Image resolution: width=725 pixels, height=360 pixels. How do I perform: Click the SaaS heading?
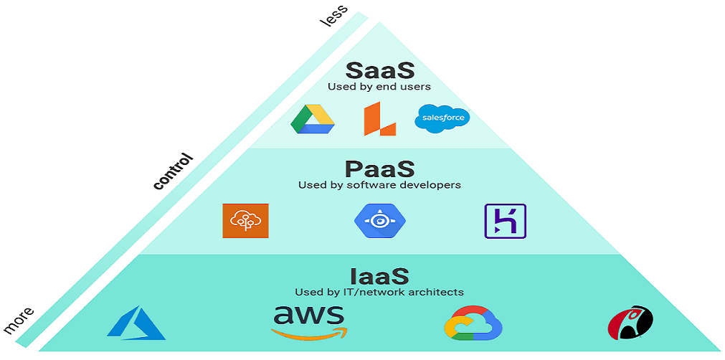coord(379,70)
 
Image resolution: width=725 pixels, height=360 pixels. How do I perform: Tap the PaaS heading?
coord(379,169)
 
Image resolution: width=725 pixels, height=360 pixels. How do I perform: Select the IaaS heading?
coord(379,276)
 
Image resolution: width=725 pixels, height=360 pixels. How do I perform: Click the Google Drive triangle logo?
coord(313,119)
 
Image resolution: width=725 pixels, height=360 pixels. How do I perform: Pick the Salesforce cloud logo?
coord(442,118)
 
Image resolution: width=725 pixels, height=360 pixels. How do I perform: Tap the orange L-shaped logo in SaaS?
coord(379,119)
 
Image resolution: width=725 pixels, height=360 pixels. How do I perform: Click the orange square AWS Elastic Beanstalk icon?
coord(245,221)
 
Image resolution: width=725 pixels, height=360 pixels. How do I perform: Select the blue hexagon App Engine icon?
coord(379,221)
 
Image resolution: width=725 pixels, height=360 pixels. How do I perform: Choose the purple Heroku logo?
coord(506,221)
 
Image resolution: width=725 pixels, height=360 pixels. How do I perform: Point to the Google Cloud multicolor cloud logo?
coord(473,323)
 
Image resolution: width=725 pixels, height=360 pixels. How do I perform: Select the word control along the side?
coord(174,171)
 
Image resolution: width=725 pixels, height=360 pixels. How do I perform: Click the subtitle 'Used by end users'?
coord(379,87)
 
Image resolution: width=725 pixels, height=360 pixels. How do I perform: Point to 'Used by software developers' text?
coord(379,185)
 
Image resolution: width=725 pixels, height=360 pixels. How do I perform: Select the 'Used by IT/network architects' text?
coord(379,292)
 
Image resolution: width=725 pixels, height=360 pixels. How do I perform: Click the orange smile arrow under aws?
coord(309,333)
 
